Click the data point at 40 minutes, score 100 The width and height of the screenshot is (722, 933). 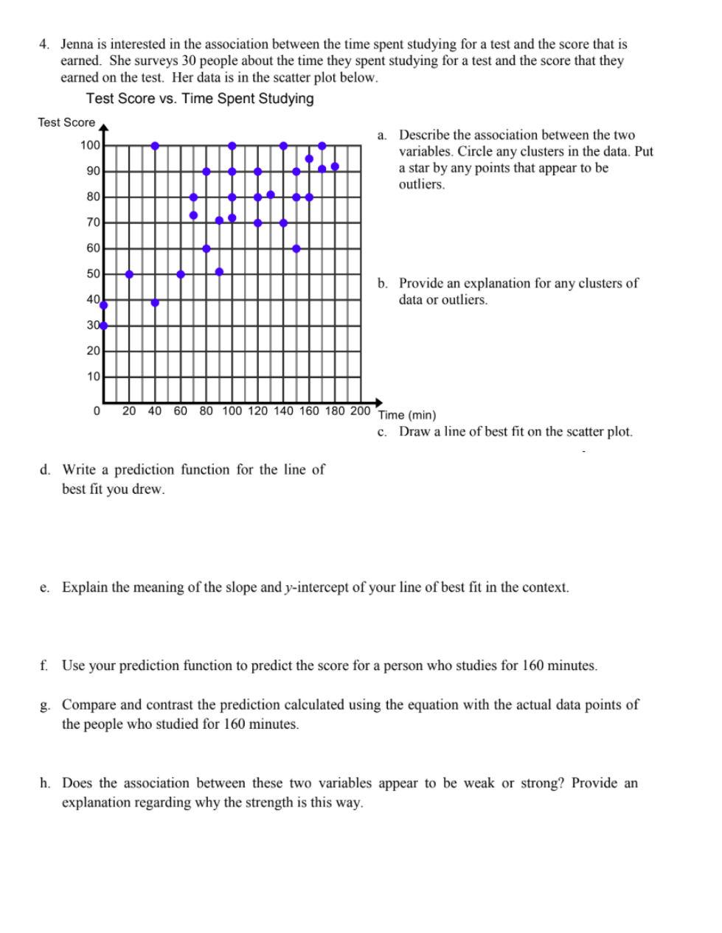(x=155, y=146)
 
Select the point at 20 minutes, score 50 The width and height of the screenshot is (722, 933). (x=129, y=274)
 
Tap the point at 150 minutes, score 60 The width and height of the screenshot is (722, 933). (x=296, y=248)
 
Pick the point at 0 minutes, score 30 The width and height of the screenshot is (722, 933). (x=103, y=326)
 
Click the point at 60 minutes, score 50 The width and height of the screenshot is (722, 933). (x=181, y=274)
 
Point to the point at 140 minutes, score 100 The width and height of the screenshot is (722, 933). (x=283, y=146)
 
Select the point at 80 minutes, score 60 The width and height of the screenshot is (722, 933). (x=206, y=248)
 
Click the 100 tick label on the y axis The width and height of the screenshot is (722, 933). (x=90, y=145)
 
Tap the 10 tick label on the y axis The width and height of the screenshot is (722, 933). (x=93, y=377)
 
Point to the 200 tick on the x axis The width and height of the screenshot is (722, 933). (x=360, y=410)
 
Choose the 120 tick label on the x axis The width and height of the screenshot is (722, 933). (x=257, y=410)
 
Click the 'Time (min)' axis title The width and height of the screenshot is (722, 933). (x=407, y=415)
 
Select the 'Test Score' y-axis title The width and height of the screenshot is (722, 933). (x=66, y=122)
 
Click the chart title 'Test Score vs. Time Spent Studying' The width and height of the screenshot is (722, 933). (x=200, y=99)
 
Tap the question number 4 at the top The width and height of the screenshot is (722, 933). (x=44, y=44)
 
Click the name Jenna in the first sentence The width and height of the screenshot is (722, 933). (x=77, y=44)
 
